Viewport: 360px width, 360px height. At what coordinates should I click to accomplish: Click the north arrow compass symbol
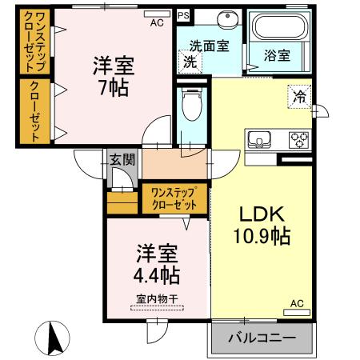click(54, 338)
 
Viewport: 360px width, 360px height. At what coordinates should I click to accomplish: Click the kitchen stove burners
click(299, 140)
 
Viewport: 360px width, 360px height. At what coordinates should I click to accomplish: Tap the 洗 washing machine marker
click(190, 61)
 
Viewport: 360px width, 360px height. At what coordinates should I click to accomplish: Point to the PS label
click(183, 14)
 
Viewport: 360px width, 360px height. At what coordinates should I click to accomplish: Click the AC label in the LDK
click(295, 304)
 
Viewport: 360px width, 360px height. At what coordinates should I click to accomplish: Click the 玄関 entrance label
click(122, 160)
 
